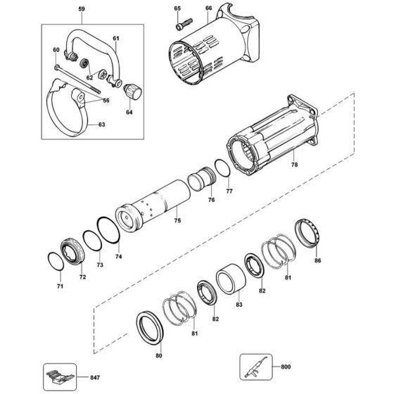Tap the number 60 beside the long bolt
[56, 51]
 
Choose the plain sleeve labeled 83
[229, 278]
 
